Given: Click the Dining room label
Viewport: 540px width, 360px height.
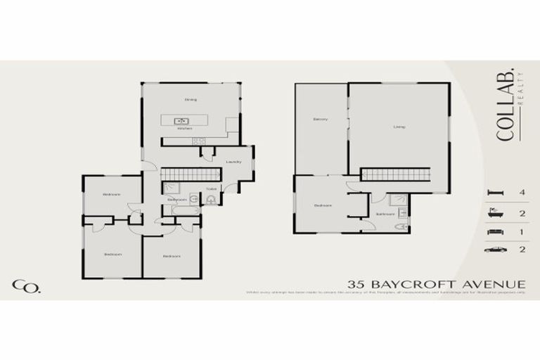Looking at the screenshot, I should click(x=191, y=99).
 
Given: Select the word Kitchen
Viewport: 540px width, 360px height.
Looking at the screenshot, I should click(x=185, y=129).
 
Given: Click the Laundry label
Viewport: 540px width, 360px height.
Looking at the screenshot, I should click(x=233, y=162).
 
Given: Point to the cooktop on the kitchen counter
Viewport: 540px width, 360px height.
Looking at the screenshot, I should click(x=198, y=141).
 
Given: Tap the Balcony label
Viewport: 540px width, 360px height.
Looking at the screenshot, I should click(x=321, y=120).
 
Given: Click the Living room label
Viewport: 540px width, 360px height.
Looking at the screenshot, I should click(x=399, y=127).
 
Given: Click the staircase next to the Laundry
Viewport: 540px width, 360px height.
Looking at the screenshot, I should click(x=187, y=174).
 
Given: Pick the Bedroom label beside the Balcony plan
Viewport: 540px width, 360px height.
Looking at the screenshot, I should click(x=323, y=205).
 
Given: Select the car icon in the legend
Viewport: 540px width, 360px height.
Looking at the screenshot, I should click(x=496, y=249).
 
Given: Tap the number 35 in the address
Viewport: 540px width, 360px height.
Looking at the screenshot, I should click(x=356, y=284).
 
